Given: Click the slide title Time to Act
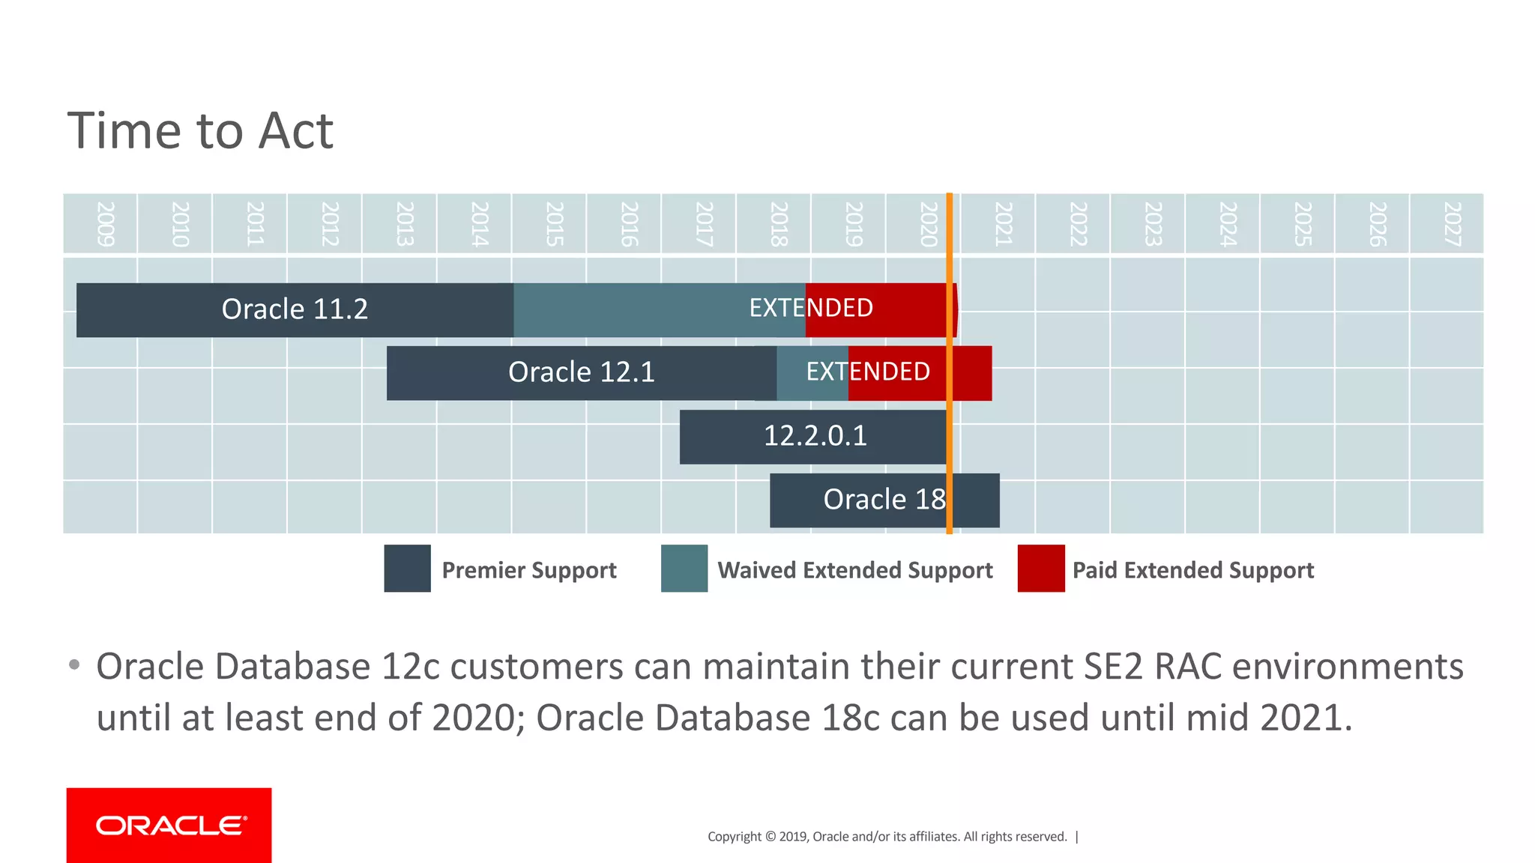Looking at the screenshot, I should click(x=200, y=131).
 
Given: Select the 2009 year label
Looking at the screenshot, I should click(x=105, y=224).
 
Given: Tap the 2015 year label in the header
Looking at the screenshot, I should click(x=554, y=224).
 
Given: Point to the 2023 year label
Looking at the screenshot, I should click(x=1153, y=224).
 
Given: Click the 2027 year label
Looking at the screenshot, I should click(x=1452, y=224).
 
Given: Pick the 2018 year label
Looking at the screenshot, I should click(x=778, y=224).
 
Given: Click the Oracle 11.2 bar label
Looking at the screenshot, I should click(x=295, y=309).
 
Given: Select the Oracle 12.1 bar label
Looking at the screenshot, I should click(x=581, y=372).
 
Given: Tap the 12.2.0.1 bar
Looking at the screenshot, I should click(x=815, y=436).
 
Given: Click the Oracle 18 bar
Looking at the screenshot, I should click(x=884, y=500).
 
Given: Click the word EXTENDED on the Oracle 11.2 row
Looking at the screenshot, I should click(x=811, y=308).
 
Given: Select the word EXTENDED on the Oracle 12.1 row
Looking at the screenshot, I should click(x=868, y=372).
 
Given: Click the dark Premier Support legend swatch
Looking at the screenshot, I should click(x=407, y=569).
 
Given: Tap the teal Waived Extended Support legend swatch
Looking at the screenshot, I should click(x=684, y=569).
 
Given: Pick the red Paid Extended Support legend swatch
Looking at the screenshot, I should click(x=1040, y=569).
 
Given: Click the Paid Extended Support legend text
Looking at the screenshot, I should click(x=1192, y=571).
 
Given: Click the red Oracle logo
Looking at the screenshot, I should click(x=169, y=825).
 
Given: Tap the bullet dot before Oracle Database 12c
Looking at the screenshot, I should click(x=73, y=664).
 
